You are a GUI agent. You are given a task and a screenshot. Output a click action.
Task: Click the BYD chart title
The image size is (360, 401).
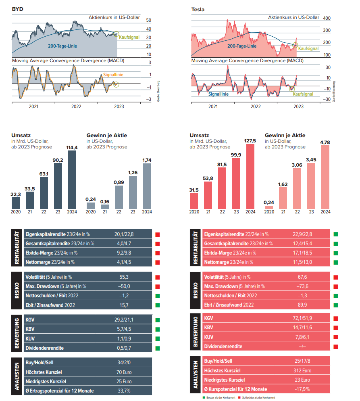pyautogui.click(x=18, y=9)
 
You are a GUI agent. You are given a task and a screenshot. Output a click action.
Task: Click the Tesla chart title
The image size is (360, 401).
pyautogui.click(x=198, y=9)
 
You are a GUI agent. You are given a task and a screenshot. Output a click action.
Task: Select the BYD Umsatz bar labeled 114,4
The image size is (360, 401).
pyautogui.click(x=72, y=180)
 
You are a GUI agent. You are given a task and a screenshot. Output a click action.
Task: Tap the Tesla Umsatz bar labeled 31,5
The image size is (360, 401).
pyautogui.click(x=194, y=200)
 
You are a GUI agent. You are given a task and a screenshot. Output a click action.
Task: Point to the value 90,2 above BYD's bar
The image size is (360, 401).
pyautogui.click(x=58, y=160)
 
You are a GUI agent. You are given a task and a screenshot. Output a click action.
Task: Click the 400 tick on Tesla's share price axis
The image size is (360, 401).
pyautogui.click(x=327, y=18)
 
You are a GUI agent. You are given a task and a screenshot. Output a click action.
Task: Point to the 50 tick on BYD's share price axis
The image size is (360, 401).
pyautogui.click(x=149, y=20)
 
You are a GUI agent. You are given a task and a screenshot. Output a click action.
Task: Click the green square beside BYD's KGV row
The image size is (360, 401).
pyautogui.click(x=158, y=320)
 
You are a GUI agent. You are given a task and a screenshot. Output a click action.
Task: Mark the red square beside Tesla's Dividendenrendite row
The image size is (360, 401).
pyautogui.click(x=335, y=347)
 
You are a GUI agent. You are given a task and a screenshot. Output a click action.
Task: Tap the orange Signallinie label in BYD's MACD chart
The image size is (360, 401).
pyautogui.click(x=113, y=75)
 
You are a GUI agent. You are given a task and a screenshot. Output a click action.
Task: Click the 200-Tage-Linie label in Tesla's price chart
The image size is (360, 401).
pyautogui.click(x=242, y=46)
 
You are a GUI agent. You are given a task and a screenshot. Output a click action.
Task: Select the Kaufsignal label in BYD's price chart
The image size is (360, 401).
pyautogui.click(x=129, y=37)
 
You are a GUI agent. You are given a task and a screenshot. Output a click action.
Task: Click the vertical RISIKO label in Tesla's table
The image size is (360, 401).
pyautogui.click(x=196, y=291)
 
